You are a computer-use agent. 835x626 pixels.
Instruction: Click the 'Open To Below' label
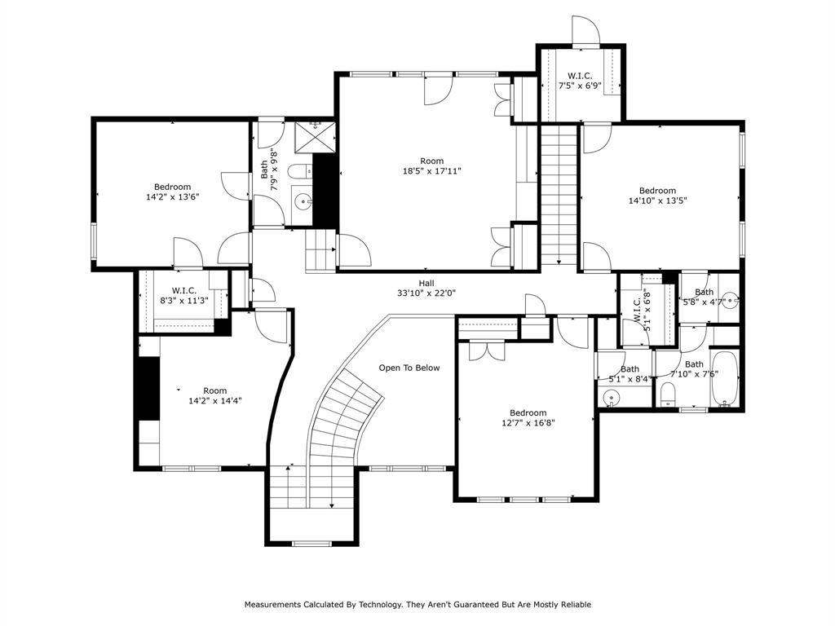(x=409, y=368)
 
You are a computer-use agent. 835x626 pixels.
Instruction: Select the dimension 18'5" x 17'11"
(x=431, y=171)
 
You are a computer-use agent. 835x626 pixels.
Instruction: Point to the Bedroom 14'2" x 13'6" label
(x=172, y=192)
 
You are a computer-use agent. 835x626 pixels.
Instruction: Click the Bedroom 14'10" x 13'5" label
(x=657, y=196)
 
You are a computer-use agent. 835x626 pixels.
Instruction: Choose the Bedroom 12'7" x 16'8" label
(x=528, y=417)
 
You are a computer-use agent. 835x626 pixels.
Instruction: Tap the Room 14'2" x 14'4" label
(x=214, y=395)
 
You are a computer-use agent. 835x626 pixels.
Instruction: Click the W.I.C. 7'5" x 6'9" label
(x=580, y=80)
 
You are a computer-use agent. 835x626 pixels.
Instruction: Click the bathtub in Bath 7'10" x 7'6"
(x=724, y=379)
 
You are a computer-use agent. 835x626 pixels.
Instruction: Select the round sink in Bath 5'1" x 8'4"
(x=612, y=398)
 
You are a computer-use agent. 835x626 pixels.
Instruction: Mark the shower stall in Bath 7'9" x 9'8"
(x=313, y=137)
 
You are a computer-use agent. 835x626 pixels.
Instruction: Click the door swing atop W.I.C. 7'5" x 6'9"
(x=585, y=30)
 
